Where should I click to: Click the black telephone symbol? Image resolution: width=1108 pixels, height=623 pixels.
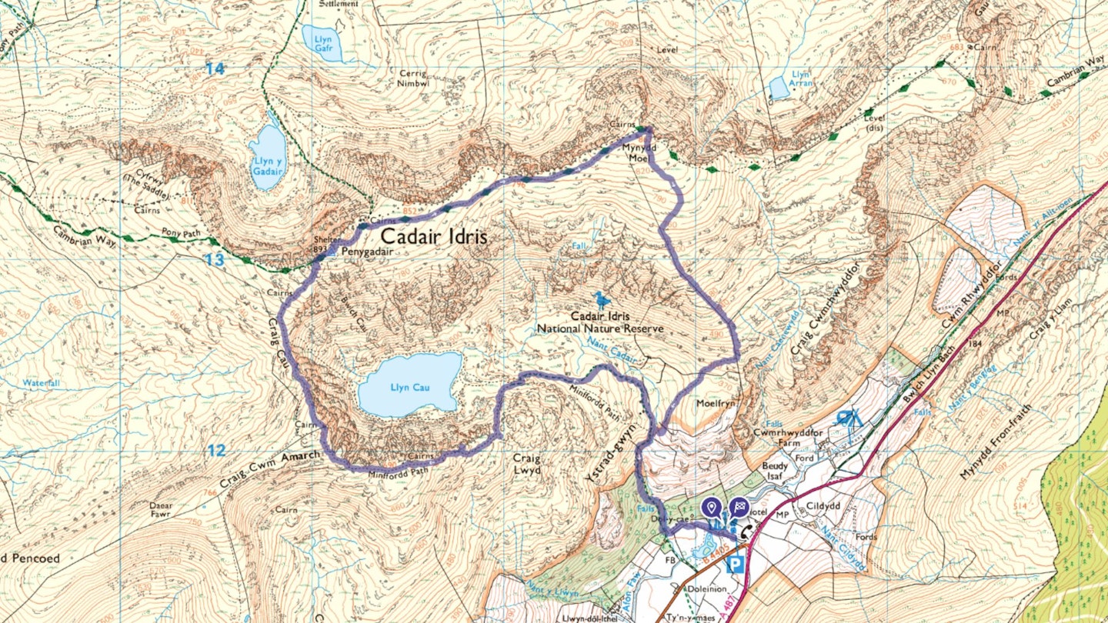point(746,531)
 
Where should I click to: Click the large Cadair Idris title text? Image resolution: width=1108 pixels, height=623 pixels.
point(435,236)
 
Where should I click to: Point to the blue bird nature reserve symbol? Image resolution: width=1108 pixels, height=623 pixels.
point(600,298)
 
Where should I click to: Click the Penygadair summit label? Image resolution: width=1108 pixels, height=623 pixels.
point(356,252)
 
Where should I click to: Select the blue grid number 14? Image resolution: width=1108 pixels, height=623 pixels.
point(215,69)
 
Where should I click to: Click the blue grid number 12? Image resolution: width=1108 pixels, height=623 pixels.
point(215,451)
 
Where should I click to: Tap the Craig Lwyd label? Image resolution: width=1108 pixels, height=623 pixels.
point(527,464)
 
